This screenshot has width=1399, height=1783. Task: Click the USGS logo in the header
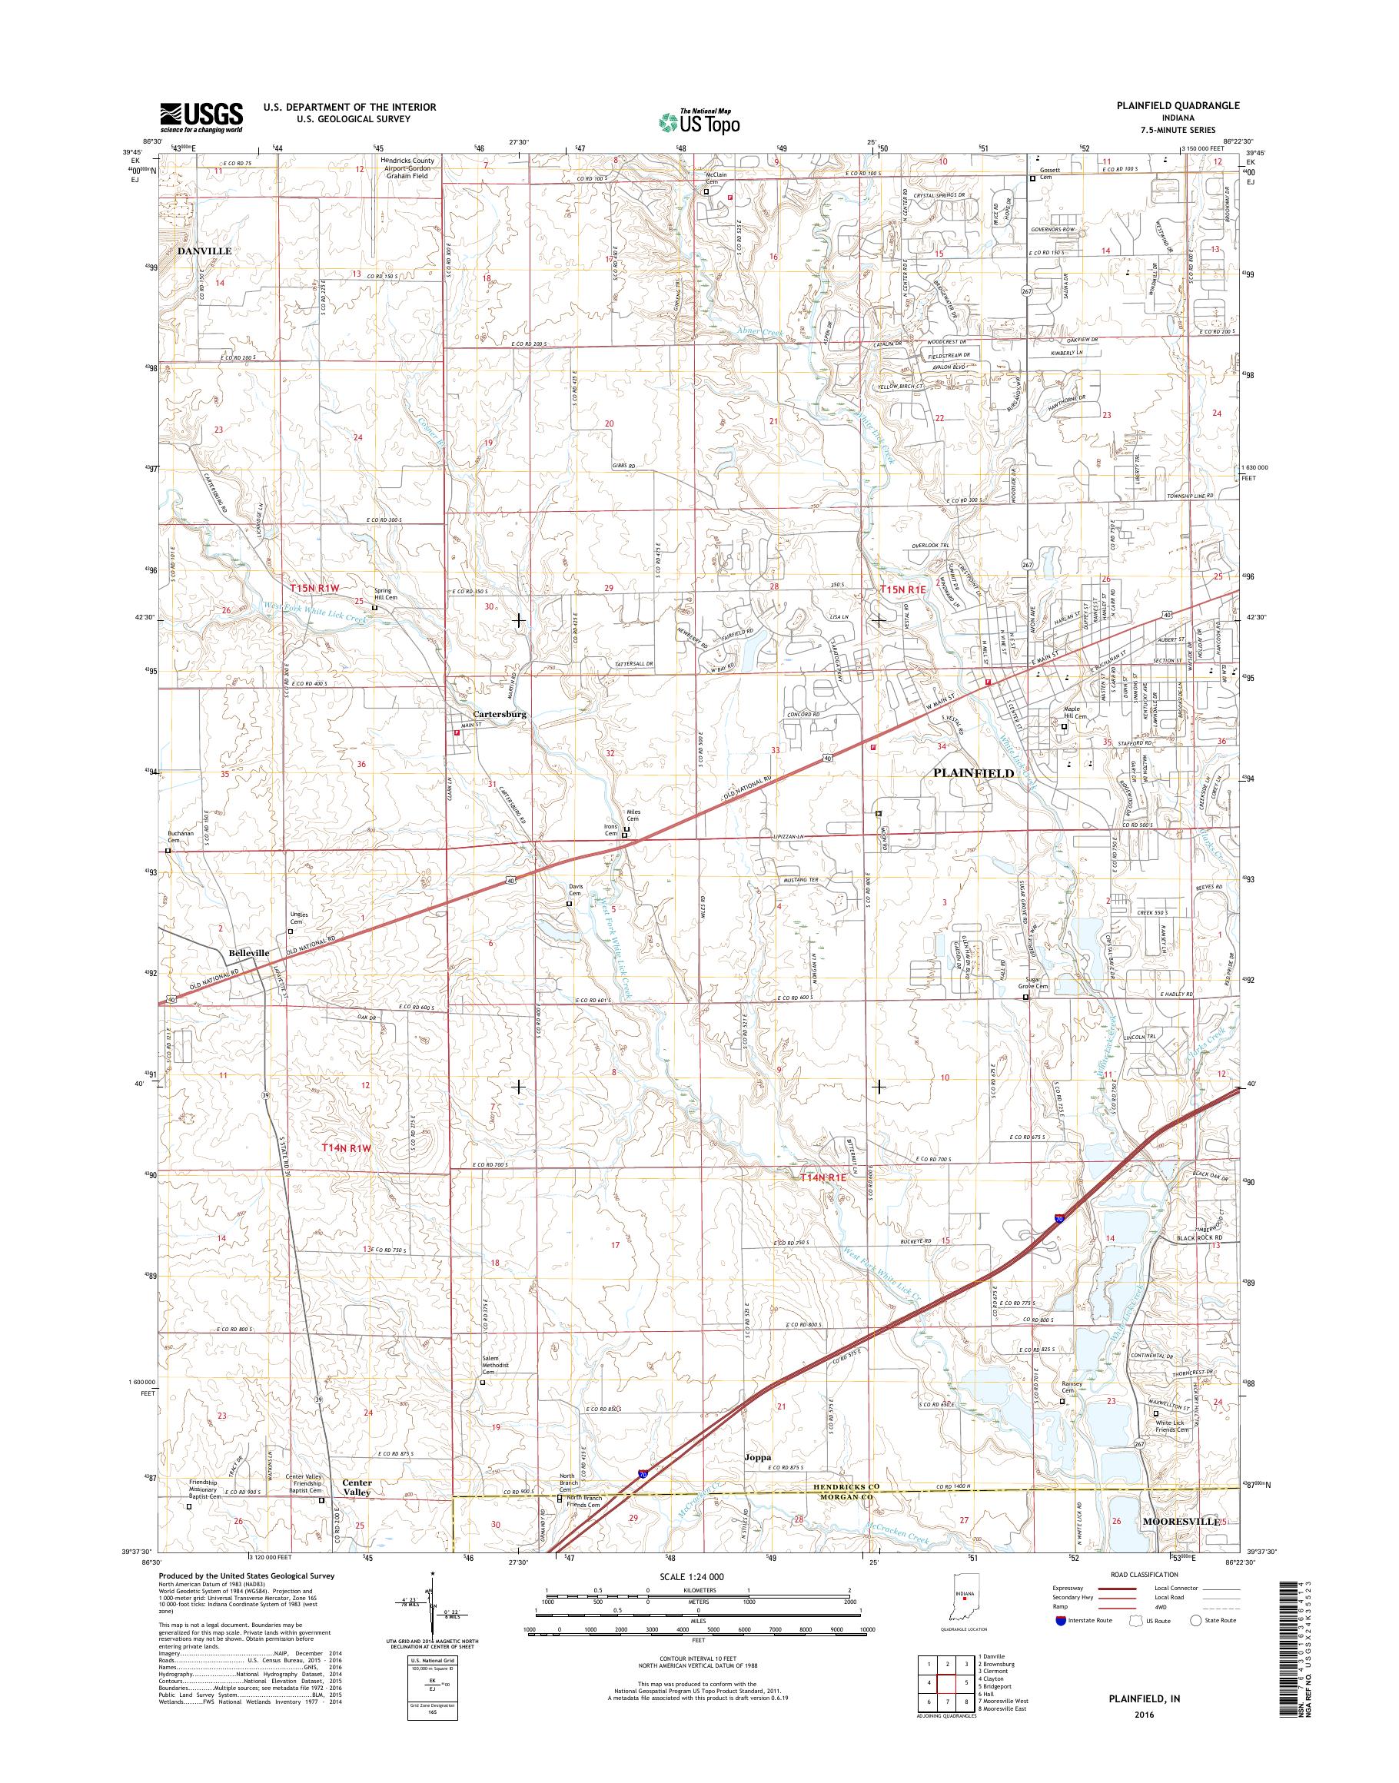click(201, 117)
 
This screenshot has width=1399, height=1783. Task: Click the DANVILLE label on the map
click(204, 251)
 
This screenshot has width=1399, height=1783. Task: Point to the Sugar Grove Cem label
click(1032, 983)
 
